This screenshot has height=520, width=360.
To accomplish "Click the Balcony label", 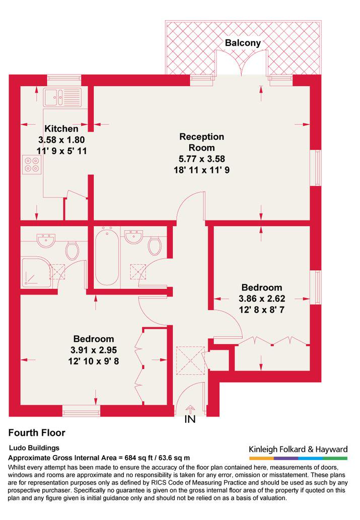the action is click(243, 43).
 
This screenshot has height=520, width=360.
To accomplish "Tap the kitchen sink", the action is click(62, 97).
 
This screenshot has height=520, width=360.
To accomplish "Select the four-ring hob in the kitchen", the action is click(32, 165).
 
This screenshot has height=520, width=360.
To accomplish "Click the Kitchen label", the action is click(61, 129).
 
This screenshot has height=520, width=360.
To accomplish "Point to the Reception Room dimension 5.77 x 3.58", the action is click(202, 159).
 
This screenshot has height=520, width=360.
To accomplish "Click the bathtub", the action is click(107, 256).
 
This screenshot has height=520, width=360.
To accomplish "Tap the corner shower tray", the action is click(36, 272).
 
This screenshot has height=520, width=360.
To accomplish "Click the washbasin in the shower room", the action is click(46, 240).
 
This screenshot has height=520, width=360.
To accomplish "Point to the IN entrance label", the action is click(190, 419).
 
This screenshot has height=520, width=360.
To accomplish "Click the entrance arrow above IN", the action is click(190, 409).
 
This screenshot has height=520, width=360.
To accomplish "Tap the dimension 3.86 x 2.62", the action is click(262, 299).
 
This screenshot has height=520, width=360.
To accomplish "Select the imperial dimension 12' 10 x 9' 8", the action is click(94, 361).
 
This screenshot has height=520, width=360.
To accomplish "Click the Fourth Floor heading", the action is click(36, 433).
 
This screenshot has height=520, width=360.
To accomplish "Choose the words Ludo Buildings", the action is click(34, 448).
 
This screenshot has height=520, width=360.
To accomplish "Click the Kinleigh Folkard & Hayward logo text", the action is click(298, 450).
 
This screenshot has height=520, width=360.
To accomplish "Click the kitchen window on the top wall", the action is click(64, 79).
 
